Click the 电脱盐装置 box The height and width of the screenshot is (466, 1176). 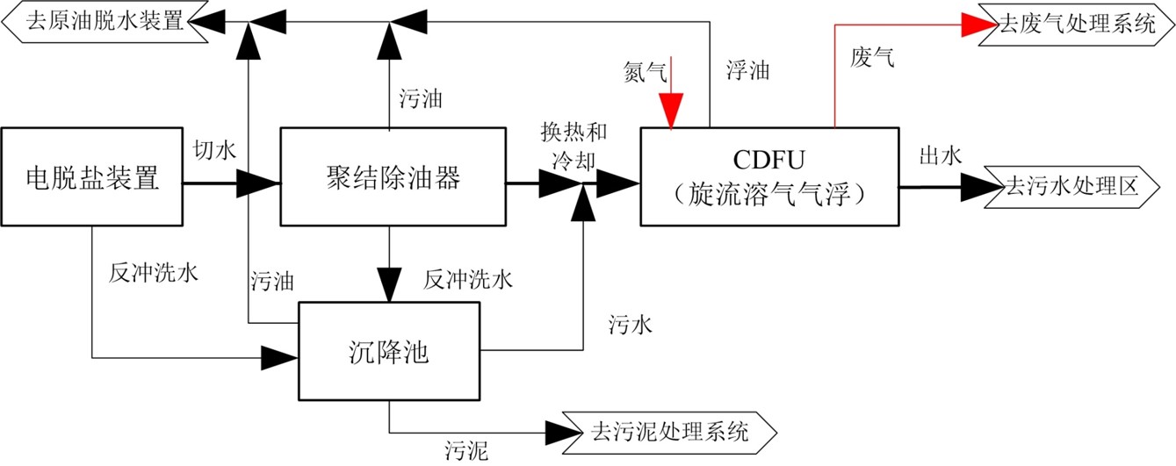91,179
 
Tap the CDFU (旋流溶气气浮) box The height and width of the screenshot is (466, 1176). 768,179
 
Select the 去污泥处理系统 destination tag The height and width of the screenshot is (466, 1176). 671,432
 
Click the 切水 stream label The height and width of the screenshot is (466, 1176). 214,150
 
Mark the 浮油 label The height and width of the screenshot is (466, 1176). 747,70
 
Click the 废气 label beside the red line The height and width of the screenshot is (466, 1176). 873,58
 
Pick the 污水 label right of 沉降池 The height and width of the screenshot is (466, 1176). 630,325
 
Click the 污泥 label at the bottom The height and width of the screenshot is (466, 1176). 465,452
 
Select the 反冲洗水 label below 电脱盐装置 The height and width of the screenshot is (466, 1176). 154,272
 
